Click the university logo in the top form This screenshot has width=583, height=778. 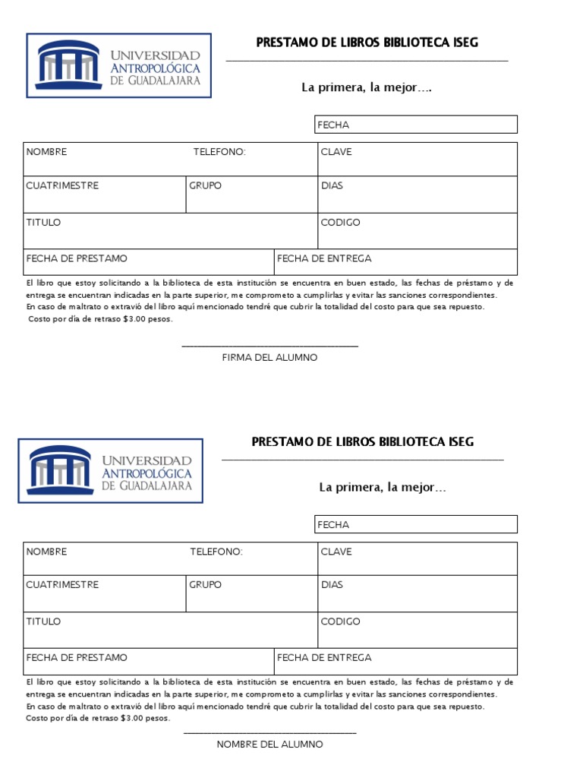click(119, 65)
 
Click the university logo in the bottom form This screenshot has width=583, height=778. click(111, 470)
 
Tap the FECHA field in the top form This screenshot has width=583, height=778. click(416, 125)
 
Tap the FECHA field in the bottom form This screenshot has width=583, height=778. click(416, 524)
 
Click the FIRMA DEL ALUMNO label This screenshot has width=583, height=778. click(269, 357)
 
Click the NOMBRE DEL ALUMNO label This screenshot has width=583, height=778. click(269, 744)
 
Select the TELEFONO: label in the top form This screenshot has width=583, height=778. click(219, 152)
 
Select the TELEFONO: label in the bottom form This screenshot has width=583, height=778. click(216, 552)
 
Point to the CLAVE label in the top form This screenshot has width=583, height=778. click(336, 152)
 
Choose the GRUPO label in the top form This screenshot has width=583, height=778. click(205, 186)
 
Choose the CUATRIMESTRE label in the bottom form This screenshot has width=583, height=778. click(62, 585)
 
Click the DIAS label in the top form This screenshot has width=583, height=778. click(332, 186)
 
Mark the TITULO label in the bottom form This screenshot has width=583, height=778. click(43, 621)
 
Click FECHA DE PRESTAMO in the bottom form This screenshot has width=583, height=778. click(77, 657)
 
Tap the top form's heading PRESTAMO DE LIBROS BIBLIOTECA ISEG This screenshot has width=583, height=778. click(367, 43)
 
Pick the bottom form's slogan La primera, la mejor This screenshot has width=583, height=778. click(383, 487)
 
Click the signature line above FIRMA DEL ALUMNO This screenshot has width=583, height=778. click(269, 346)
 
